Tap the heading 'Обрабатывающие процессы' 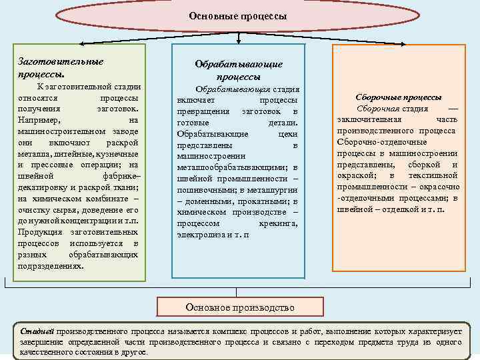(x=238, y=70)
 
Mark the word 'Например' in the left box (x=39, y=120)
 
